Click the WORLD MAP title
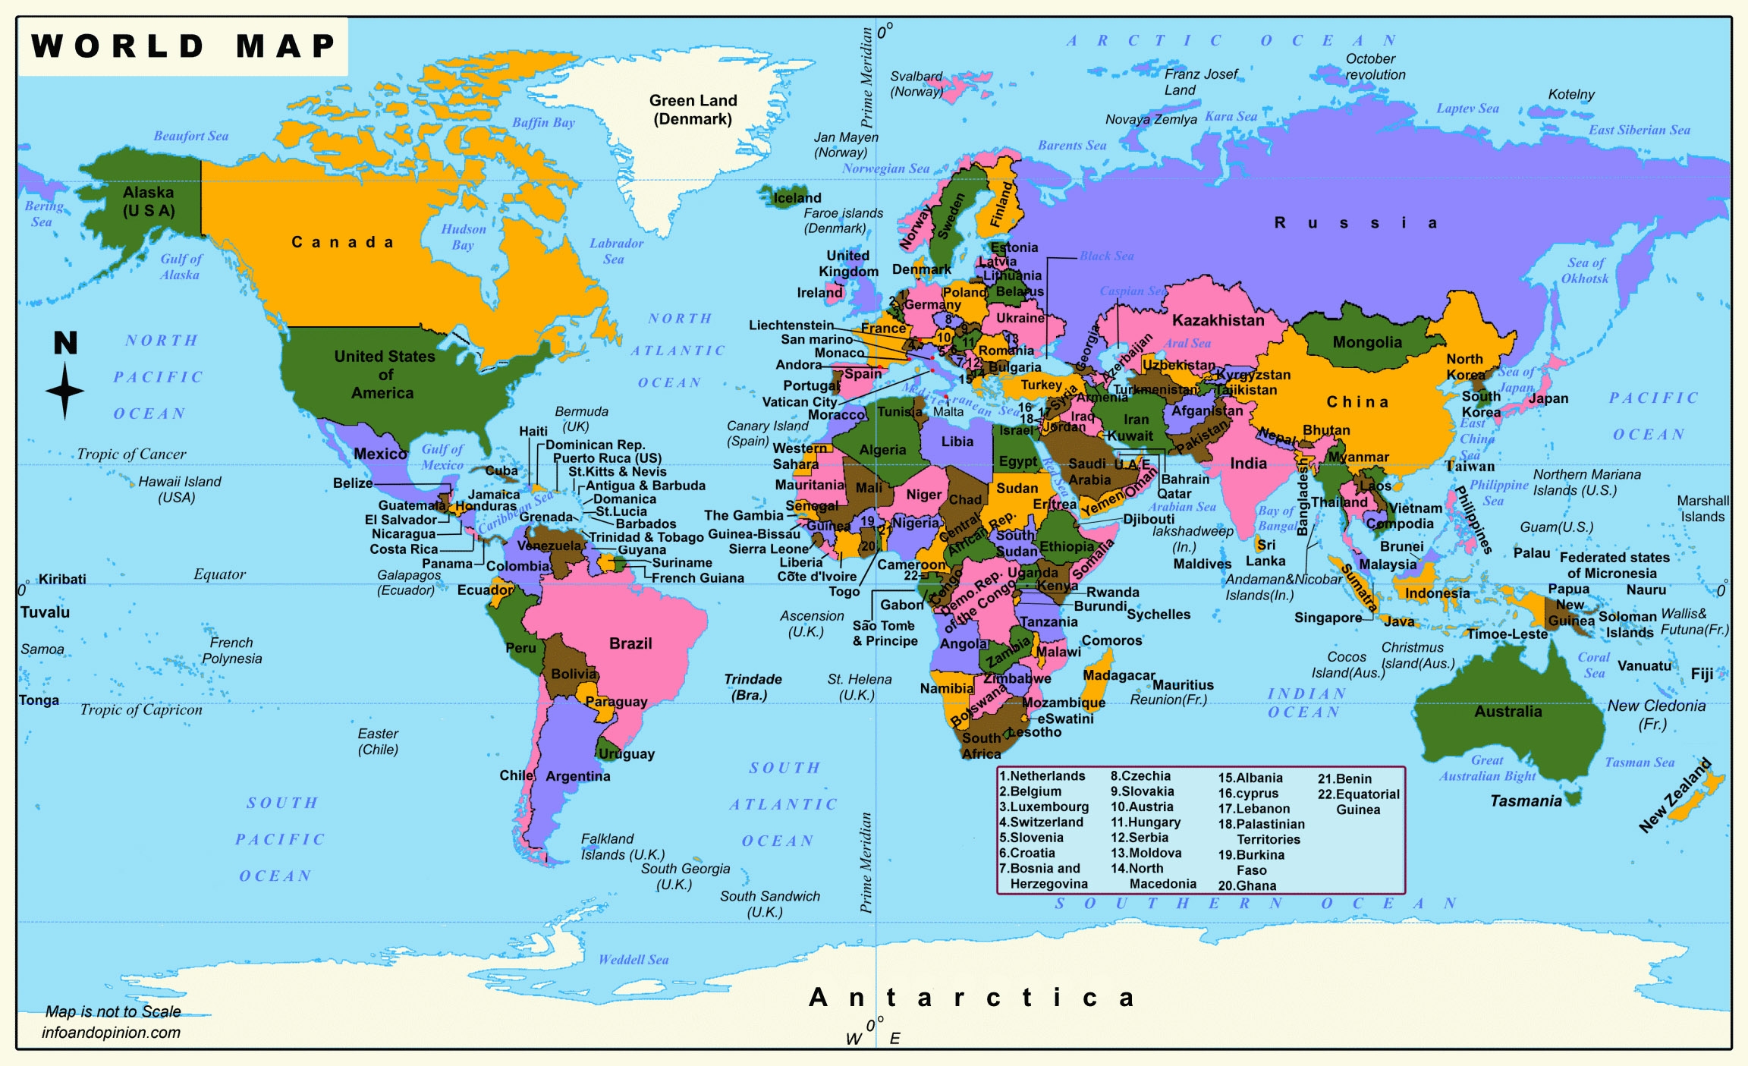[x=183, y=46]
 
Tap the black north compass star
[x=64, y=391]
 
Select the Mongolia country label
[x=1367, y=342]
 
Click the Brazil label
[x=630, y=643]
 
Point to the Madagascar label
[x=1118, y=675]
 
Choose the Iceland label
[x=797, y=198]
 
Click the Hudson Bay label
[x=463, y=237]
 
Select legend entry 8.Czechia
[x=1140, y=776]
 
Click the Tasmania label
[x=1525, y=801]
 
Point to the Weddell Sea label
[x=633, y=960]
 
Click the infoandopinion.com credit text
[x=111, y=1033]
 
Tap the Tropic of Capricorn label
[x=141, y=710]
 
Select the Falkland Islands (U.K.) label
[x=622, y=847]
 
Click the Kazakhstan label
[x=1218, y=320]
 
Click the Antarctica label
[x=971, y=998]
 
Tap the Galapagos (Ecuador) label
[x=408, y=583]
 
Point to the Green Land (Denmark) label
[x=693, y=110]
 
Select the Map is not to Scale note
[x=113, y=1011]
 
